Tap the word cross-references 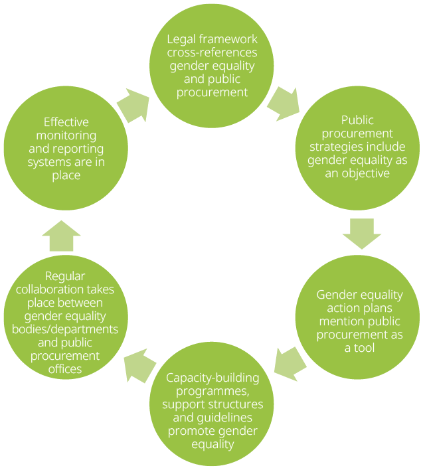[x=212, y=52]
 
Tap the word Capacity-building [x=212, y=378]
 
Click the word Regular [x=65, y=275]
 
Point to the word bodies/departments [x=65, y=329]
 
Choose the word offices [x=65, y=369]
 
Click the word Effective [x=66, y=122]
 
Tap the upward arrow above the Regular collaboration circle [x=61, y=236]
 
